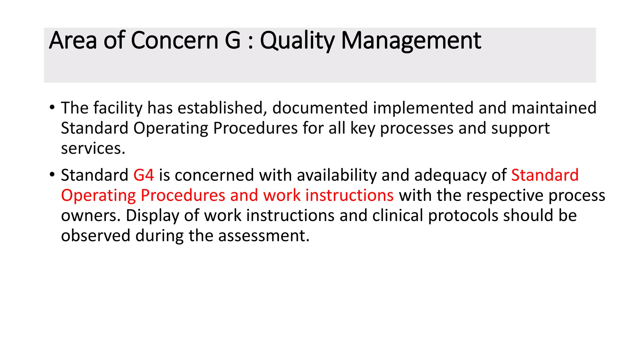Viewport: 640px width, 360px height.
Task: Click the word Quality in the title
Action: coord(297,41)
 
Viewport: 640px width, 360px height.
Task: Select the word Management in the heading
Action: coord(411,41)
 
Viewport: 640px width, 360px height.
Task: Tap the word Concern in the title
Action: coord(174,41)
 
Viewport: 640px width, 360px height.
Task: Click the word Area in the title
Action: coord(73,41)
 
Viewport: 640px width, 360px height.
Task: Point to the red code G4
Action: coord(143,175)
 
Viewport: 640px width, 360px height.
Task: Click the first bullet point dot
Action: coord(52,107)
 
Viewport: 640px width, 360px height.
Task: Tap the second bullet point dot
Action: coord(52,175)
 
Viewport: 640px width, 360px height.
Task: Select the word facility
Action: coord(118,108)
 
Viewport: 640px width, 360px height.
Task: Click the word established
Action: coord(222,108)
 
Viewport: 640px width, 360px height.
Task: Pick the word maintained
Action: coord(554,108)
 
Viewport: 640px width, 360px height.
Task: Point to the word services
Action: coord(93,148)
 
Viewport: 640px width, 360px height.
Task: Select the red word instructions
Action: coord(349,195)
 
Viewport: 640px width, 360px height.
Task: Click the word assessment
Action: coord(263,236)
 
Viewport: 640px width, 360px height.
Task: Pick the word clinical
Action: coord(397,216)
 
